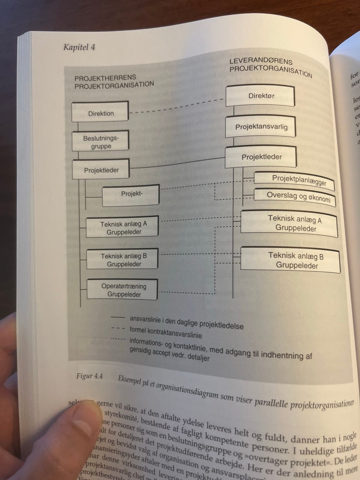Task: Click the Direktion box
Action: pos(100,112)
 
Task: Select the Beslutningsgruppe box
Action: pos(100,141)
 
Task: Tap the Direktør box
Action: pos(261,96)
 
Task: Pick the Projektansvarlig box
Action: pos(261,127)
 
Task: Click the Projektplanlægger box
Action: pos(295,180)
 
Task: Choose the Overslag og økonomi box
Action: pos(295,196)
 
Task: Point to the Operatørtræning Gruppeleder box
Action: pos(123,290)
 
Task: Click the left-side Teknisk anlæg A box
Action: pos(123,227)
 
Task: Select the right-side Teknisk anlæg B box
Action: pos(291,260)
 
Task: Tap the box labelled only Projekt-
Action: pos(131,195)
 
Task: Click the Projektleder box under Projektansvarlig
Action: pos(261,157)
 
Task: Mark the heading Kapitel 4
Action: pos(79,47)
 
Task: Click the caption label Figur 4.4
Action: pos(90,376)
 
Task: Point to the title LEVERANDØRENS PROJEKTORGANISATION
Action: pos(270,67)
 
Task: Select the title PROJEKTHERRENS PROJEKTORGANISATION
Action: pos(114,81)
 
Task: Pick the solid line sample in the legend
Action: pos(117,318)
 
